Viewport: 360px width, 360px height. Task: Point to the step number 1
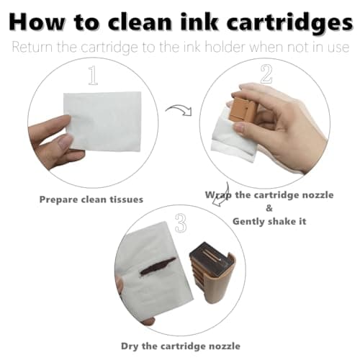[93, 76]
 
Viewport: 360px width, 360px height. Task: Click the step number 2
[266, 73]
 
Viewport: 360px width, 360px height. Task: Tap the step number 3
[181, 222]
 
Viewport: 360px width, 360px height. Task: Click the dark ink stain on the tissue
[158, 266]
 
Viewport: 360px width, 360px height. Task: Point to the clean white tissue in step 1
[103, 121]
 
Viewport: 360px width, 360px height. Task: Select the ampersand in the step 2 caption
[269, 208]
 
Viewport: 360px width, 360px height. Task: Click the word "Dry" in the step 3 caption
[130, 346]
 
